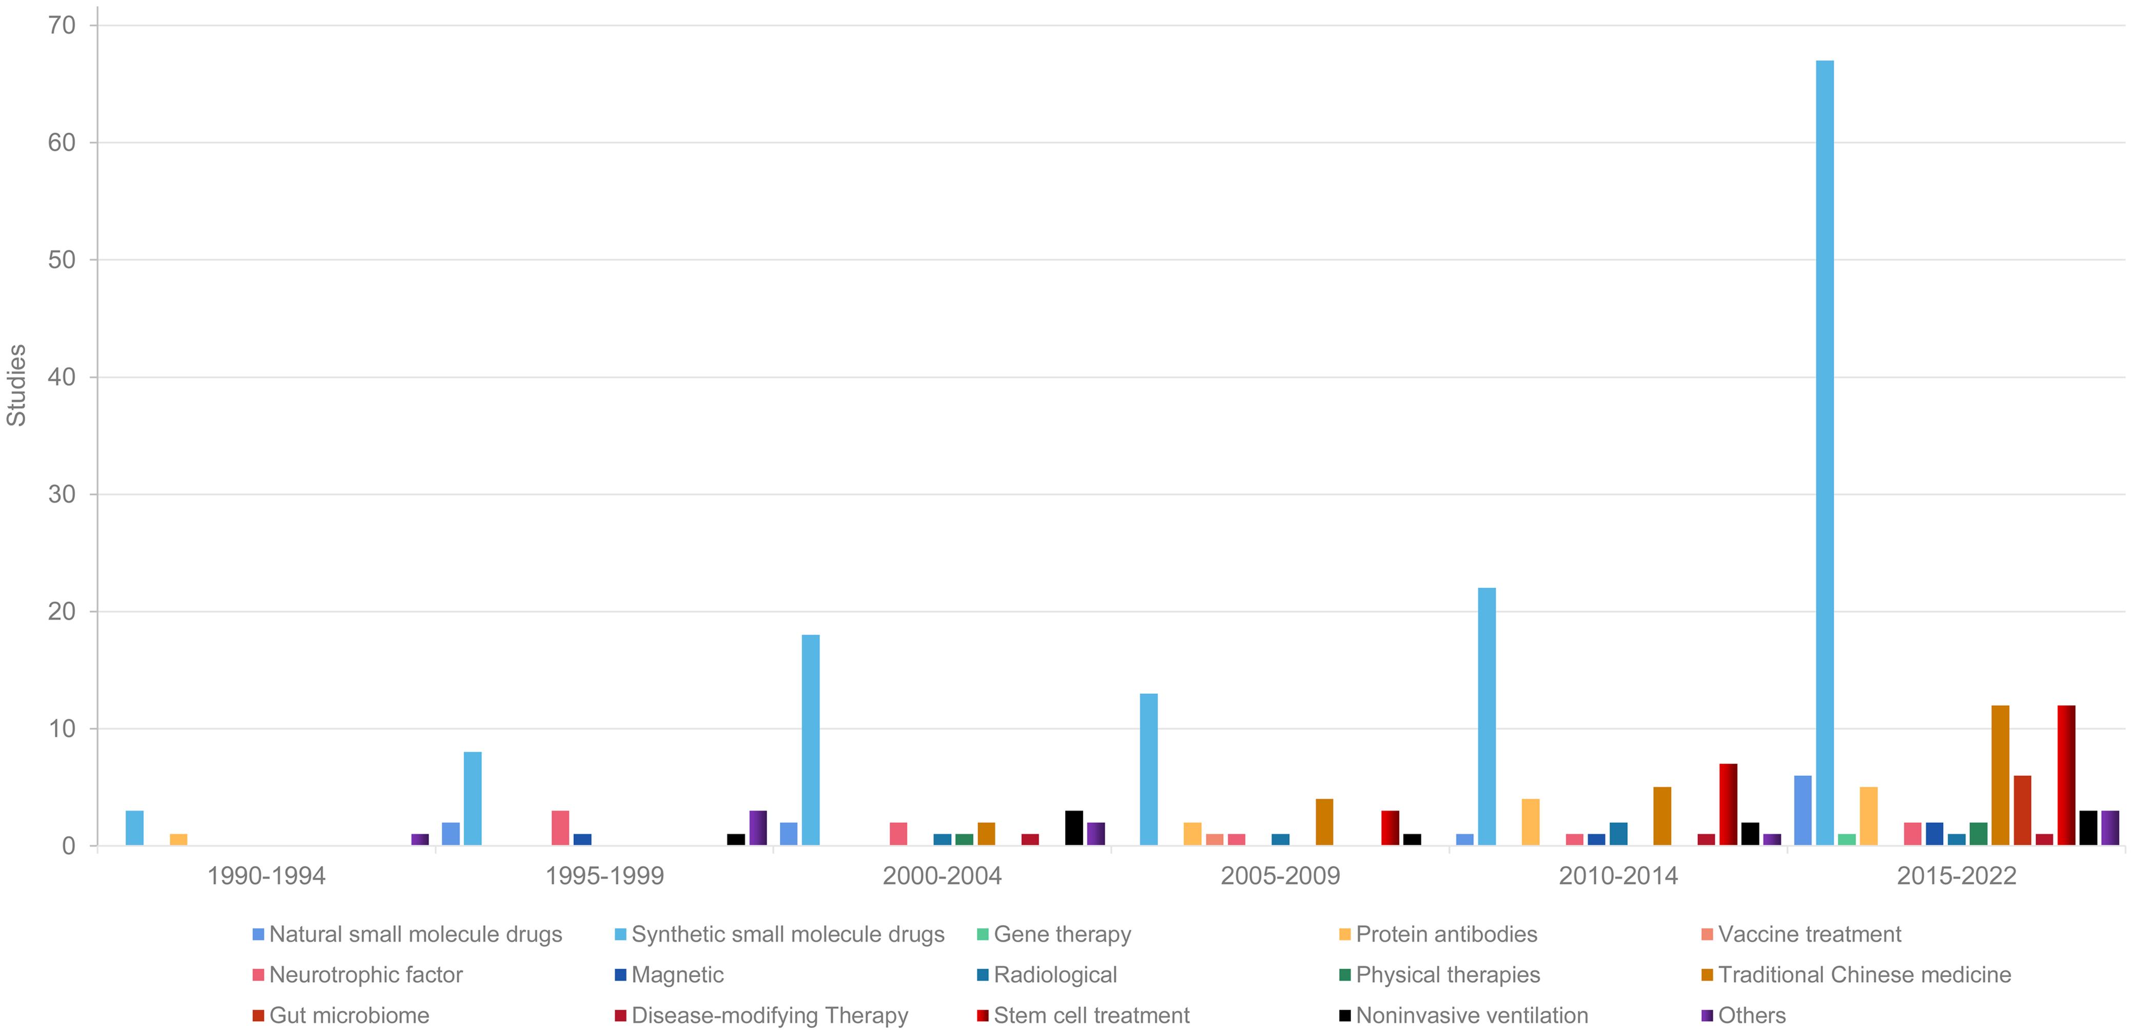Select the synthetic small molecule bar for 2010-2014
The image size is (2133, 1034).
point(1486,716)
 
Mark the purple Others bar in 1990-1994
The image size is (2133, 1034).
point(420,840)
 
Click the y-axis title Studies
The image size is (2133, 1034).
point(16,385)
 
